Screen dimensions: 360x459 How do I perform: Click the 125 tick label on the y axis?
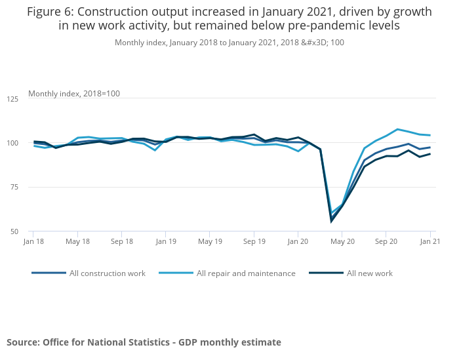tap(12, 99)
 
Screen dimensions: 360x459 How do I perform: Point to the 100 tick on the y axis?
tap(12, 143)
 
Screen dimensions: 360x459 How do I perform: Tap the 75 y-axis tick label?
tap(14, 187)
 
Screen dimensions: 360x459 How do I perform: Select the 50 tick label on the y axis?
tap(14, 231)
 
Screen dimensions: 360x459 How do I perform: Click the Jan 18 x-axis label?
tap(34, 242)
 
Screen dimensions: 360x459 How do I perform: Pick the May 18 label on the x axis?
tap(78, 242)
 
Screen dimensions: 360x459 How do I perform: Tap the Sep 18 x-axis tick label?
tap(122, 242)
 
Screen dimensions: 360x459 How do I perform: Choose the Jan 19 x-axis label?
tap(166, 242)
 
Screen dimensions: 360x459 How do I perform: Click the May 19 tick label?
tap(210, 242)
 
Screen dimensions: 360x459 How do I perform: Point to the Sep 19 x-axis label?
tap(254, 242)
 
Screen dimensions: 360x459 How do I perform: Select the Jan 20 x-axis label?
tap(298, 242)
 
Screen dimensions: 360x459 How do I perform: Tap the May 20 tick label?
tap(342, 242)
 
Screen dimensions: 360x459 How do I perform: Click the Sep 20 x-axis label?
tap(386, 242)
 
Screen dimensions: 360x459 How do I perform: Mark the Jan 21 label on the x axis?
tap(429, 242)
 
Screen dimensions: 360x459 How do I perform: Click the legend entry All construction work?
tap(107, 273)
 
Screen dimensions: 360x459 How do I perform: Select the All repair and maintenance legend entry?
tap(246, 273)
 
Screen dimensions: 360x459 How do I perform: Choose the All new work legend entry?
tap(369, 273)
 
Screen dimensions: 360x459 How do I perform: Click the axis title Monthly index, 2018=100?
tap(74, 94)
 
